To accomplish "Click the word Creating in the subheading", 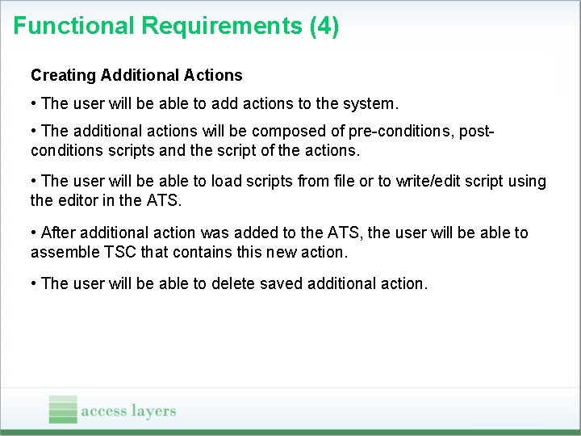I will click(62, 75).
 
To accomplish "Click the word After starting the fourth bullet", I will click(57, 233).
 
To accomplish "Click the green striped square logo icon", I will click(63, 409).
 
